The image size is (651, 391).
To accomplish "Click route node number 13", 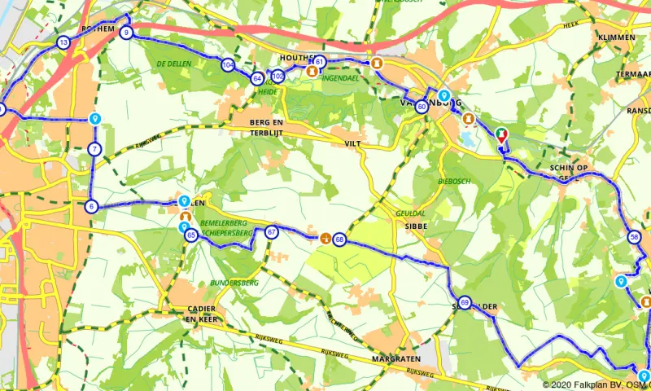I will (63, 42).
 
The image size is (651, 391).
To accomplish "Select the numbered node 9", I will (126, 33).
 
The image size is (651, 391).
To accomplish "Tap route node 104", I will (228, 65).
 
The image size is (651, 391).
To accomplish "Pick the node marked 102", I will (277, 77).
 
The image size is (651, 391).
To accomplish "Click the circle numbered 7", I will (94, 149).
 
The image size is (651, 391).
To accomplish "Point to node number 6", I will (91, 206).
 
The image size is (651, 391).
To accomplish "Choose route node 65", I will (190, 235).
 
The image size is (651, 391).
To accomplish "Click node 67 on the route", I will (272, 232).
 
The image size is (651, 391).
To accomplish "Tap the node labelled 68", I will (339, 239).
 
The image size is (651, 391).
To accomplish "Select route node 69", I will (464, 302).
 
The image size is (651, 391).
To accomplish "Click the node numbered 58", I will (635, 238).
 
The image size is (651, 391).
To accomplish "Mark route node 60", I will (422, 106).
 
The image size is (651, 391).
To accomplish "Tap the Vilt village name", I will (352, 143).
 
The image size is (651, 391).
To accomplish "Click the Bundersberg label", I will (234, 282).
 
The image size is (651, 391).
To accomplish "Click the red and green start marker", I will (501, 135).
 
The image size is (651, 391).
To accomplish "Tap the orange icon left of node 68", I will (325, 239).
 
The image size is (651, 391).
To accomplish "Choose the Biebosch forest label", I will (454, 181).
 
